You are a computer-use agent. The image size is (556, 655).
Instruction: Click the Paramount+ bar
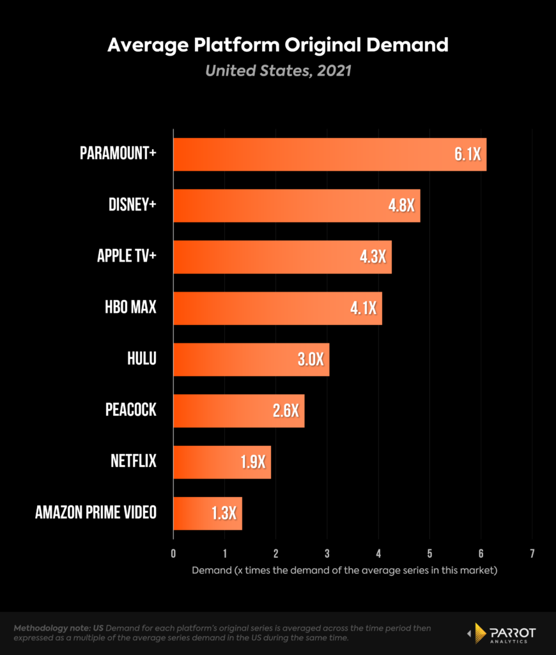(329, 154)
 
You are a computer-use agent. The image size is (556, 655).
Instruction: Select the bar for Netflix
(222, 462)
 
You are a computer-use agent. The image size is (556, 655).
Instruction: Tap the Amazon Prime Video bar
(207, 513)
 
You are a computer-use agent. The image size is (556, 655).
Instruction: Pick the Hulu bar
(251, 359)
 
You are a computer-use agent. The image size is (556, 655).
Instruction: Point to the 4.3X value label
(372, 257)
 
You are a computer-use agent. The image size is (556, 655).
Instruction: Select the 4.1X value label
(362, 308)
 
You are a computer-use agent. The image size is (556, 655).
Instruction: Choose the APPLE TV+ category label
(127, 256)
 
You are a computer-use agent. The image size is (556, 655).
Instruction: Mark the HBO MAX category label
(130, 307)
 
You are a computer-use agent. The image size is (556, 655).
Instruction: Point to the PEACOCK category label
(130, 409)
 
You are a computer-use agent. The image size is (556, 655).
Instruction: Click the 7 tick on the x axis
(532, 553)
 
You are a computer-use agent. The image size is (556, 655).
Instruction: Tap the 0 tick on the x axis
(173, 553)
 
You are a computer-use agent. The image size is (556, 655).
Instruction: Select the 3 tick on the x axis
(327, 553)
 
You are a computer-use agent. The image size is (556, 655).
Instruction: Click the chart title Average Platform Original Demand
(278, 45)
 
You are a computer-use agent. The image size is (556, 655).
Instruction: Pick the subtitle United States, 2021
(278, 70)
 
